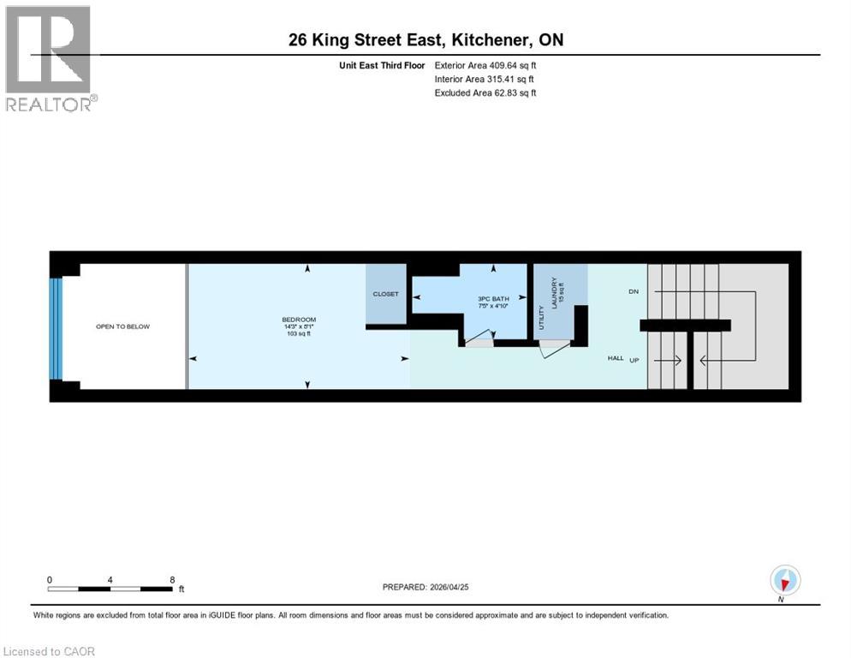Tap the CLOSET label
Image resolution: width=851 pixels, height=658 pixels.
(385, 294)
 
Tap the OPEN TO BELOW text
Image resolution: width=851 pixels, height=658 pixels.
(122, 326)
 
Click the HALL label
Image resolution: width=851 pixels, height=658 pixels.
(616, 358)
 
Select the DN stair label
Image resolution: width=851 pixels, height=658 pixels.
(634, 292)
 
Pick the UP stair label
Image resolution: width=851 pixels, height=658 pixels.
(634, 359)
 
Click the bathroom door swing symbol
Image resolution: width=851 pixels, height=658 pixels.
(479, 338)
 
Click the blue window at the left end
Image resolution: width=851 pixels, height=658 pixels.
(57, 326)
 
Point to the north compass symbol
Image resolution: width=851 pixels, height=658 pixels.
(784, 580)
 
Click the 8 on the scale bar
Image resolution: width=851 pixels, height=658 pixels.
(172, 579)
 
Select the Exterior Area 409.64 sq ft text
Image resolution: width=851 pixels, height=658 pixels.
(485, 65)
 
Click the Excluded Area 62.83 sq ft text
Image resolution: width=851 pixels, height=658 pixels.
(485, 93)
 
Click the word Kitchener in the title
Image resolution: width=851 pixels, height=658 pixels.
(487, 39)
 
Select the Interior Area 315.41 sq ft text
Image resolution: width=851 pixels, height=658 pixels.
(485, 79)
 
